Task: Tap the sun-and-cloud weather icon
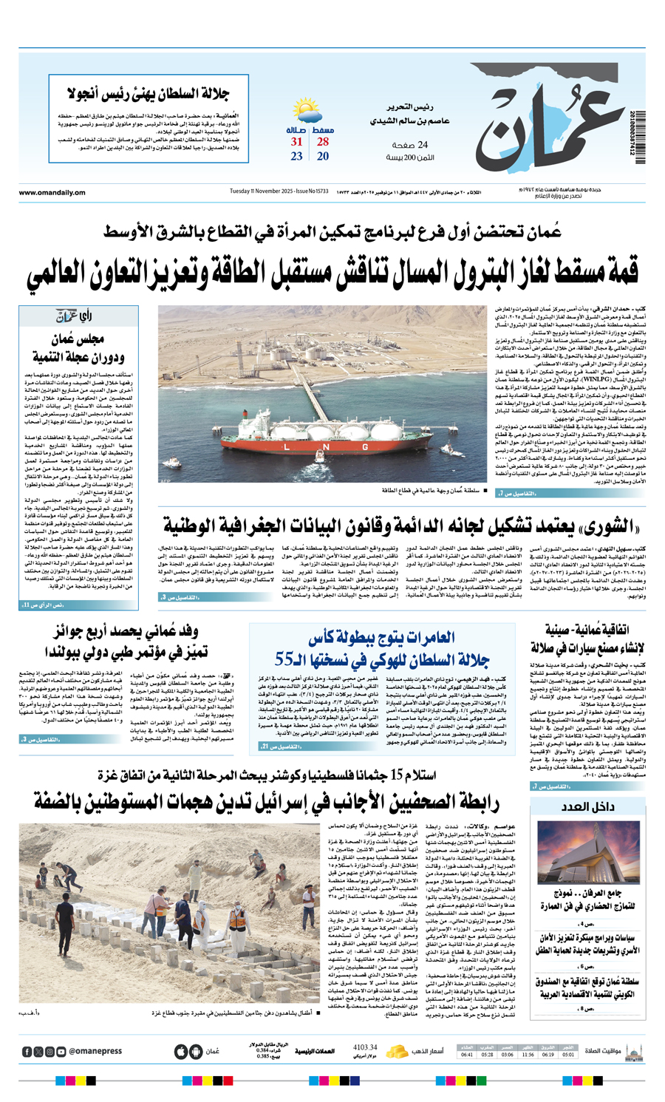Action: pos(307,112)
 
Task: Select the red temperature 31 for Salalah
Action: pos(296,142)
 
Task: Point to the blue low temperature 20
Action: pos(323,156)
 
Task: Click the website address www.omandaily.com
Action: pos(52,192)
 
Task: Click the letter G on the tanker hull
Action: pos(364,447)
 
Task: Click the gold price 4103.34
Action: pos(365,1047)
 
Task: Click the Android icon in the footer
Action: pos(195,1052)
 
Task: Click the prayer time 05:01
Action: pos(568,1055)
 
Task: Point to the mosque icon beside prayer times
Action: pos(632,1051)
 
